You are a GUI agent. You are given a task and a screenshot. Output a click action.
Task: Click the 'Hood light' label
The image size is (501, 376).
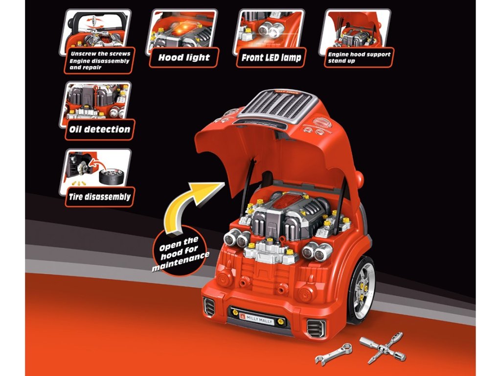(184, 57)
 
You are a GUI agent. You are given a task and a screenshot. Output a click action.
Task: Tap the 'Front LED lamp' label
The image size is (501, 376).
(271, 57)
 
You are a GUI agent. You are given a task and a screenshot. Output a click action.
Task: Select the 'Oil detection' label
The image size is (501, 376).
(99, 130)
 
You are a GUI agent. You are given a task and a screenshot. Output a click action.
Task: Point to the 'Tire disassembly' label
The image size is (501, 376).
(99, 197)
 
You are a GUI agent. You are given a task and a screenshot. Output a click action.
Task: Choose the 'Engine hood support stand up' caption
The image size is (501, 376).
(359, 57)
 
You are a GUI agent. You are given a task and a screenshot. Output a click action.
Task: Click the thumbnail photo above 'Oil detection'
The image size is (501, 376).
(98, 102)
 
